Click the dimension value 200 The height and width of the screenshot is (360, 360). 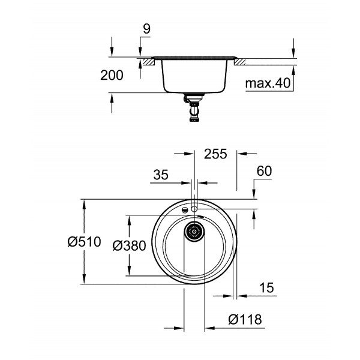pos(112,76)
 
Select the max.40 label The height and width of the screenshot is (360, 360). pos(268,83)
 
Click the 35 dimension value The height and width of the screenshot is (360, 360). pos(160,175)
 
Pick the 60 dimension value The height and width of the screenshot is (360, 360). pos(265,172)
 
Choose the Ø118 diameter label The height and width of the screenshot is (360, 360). pos(245,320)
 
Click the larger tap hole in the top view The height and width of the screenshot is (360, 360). pos(195,208)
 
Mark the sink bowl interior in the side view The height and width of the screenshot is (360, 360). pos(194,75)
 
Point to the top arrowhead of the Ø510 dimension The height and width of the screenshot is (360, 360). pos(83,205)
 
